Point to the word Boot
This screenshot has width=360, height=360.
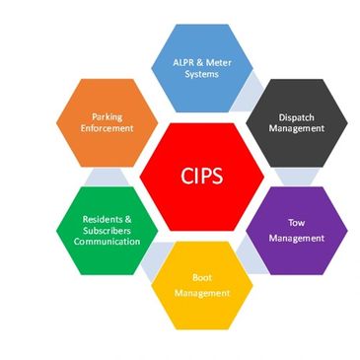point(202,279)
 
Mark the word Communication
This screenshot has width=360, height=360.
point(106,242)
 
